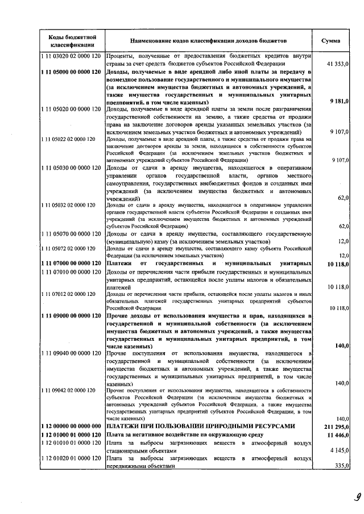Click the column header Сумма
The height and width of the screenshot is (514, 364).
331,41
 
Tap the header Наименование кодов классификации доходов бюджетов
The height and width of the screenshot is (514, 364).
208,41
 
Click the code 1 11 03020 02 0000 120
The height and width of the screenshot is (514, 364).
72,56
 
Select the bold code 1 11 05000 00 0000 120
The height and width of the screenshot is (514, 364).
72,73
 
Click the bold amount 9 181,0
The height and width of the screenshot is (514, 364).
338,101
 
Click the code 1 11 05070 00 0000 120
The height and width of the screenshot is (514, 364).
72,233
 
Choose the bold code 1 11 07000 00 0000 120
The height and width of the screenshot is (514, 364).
72,264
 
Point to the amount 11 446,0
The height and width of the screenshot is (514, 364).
337,434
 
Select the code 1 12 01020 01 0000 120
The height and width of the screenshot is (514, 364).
72,458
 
